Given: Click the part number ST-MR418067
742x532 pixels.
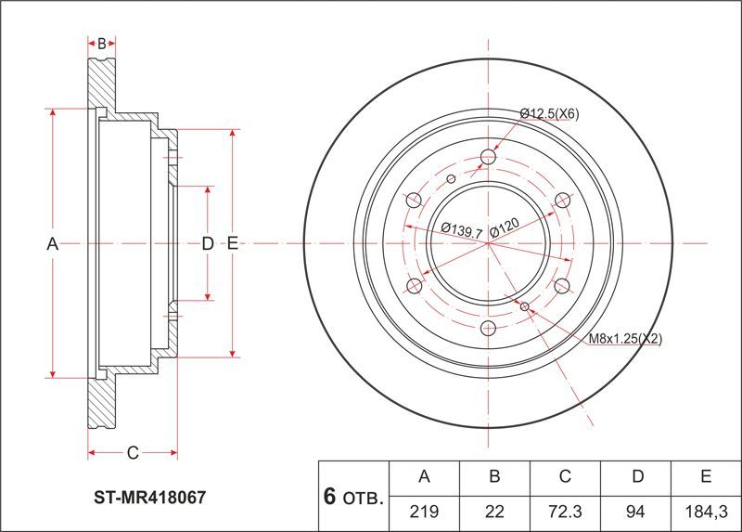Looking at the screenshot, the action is [149, 497].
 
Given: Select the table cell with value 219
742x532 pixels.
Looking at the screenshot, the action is [424, 513].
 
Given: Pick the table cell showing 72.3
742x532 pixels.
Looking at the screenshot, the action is [565, 513].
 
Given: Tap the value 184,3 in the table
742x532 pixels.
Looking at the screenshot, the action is [706, 513].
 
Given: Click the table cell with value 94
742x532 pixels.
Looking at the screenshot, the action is [635, 513].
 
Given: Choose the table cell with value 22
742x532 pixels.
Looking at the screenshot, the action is [494, 513].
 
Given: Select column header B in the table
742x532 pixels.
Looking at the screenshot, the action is [494, 477].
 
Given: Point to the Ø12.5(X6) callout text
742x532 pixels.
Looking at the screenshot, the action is [549, 113].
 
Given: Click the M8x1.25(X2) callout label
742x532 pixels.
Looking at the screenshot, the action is [625, 339].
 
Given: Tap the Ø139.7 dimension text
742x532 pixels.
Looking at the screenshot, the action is [461, 230].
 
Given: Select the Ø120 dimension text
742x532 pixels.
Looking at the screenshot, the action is [505, 227].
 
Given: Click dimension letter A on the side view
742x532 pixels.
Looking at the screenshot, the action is [53, 244].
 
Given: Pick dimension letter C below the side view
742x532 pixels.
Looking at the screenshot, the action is [133, 453].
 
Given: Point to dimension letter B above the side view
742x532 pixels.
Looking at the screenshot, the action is [102, 44].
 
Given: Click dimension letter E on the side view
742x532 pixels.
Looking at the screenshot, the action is [233, 243].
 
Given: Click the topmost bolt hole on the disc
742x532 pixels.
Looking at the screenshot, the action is [488, 157].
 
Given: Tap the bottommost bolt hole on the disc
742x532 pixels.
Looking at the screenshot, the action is [488, 328].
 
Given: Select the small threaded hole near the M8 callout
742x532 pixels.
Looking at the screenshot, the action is [524, 306].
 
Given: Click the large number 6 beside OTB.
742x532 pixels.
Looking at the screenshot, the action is [330, 496].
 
